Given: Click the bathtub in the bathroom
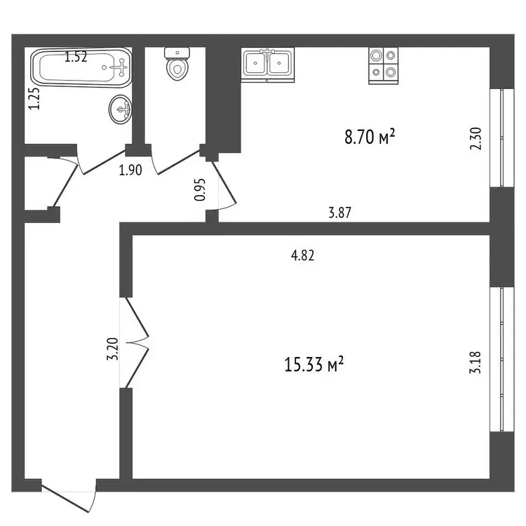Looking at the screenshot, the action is (81, 67).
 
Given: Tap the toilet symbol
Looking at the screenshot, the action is (177, 64).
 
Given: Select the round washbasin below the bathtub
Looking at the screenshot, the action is (120, 109).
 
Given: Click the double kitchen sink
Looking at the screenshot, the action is (267, 65).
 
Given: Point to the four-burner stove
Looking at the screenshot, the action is (384, 65).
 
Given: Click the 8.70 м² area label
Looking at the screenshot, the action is (370, 137).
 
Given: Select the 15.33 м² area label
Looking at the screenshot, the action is (314, 364).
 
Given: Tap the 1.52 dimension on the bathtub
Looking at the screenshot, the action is (76, 57).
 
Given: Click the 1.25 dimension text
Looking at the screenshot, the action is (34, 98).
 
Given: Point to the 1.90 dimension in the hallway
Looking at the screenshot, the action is (130, 170).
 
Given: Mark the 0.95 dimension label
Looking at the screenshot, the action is (200, 189).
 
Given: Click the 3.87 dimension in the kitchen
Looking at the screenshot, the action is (340, 213).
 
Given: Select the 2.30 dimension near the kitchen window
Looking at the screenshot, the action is (476, 139).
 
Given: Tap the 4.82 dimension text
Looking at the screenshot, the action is (302, 255).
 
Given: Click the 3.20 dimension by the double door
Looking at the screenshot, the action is (113, 349).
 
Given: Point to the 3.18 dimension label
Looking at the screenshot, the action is (475, 363).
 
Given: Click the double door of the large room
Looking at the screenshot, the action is (135, 342).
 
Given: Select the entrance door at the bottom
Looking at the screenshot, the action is (69, 495).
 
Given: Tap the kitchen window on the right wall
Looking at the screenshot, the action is (502, 138).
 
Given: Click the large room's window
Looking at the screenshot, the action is (502, 359).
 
